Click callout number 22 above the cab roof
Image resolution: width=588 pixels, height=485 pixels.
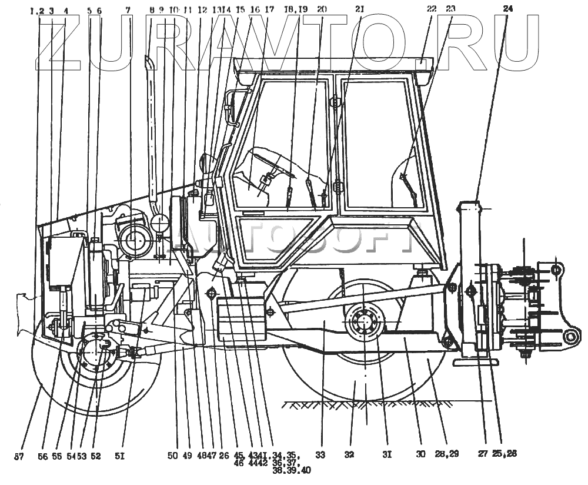point(432,9)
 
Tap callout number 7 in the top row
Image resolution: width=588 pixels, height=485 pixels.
point(128,11)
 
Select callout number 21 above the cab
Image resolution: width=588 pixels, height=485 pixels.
point(359,9)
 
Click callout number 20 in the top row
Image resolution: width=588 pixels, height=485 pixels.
point(322,9)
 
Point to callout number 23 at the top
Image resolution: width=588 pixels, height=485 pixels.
point(450,9)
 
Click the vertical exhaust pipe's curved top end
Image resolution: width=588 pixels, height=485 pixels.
point(148,59)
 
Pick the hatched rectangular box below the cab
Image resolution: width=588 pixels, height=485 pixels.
point(242,320)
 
